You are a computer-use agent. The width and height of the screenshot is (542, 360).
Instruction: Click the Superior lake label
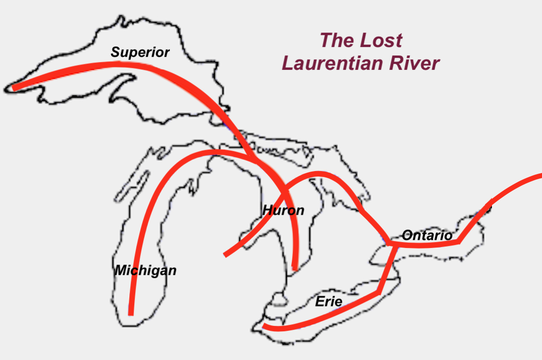[140, 52]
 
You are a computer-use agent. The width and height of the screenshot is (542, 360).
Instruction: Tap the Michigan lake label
[145, 271]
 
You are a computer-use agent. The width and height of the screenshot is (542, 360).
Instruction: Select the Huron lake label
[283, 210]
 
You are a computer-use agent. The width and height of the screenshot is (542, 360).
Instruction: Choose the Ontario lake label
[427, 236]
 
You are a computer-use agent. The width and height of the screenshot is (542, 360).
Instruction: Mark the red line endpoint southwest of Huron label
[226, 255]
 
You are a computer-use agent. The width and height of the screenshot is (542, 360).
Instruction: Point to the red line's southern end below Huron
[296, 268]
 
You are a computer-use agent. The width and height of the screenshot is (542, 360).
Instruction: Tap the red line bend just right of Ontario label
[460, 241]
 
